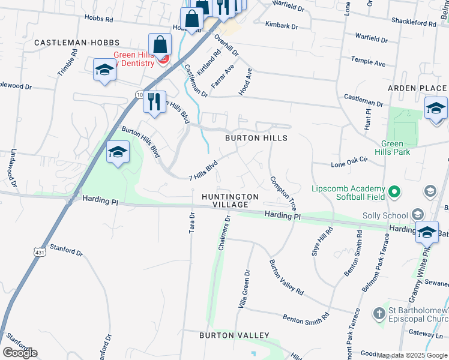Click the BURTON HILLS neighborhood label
256,138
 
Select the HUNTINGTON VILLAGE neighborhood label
230,200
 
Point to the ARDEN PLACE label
417,88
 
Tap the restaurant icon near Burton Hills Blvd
154,102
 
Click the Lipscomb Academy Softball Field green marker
394,193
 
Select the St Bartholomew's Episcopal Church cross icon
379,313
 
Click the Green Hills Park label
401,148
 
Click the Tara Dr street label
193,223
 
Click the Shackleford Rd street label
414,23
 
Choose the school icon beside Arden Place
436,108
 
